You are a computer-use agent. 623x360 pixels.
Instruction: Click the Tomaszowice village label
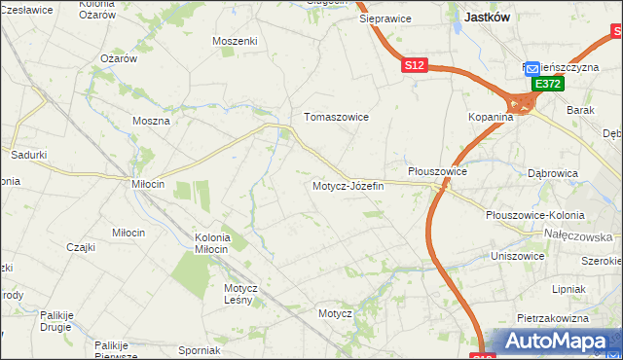[x=336, y=117]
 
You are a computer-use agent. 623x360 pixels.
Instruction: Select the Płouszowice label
[x=437, y=171]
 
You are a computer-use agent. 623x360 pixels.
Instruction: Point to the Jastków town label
[x=490, y=17]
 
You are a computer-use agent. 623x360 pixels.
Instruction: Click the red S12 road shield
[x=415, y=65]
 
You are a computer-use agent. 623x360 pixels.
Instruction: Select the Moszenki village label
[x=235, y=41]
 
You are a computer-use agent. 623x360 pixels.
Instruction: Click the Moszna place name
[x=152, y=122]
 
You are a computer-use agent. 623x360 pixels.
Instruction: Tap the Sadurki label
[x=28, y=155]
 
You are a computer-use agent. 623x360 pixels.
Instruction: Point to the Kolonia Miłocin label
[x=212, y=243]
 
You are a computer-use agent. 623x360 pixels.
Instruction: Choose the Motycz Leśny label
[x=239, y=294]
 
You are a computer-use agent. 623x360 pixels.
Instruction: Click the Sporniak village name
[x=200, y=350]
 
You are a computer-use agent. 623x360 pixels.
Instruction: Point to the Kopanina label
[x=489, y=117]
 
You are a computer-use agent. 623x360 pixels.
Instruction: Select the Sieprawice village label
[x=385, y=18]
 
